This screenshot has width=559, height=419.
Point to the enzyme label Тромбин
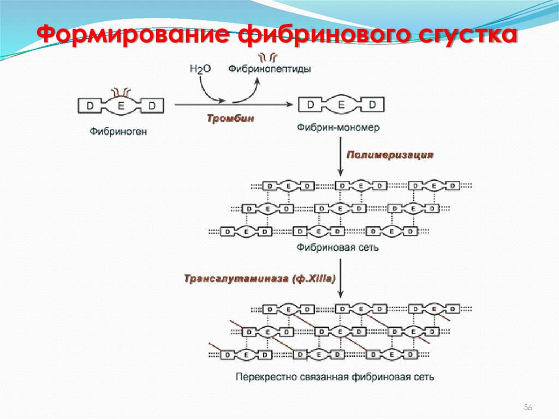[x=230, y=119]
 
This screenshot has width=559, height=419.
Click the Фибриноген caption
[x=118, y=131]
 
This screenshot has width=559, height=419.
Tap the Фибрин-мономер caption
[x=338, y=128]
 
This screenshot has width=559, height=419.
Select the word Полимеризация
[x=390, y=155]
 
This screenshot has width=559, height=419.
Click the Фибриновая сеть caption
[x=338, y=247]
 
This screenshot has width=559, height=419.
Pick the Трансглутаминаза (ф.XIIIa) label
[x=259, y=279]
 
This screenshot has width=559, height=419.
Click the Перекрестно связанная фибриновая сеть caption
[x=335, y=377]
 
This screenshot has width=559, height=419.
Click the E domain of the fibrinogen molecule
[x=121, y=105]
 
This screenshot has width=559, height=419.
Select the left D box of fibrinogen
[x=90, y=105]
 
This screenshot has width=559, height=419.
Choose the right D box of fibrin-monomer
[x=372, y=104]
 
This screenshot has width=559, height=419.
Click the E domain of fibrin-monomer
[x=341, y=104]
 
